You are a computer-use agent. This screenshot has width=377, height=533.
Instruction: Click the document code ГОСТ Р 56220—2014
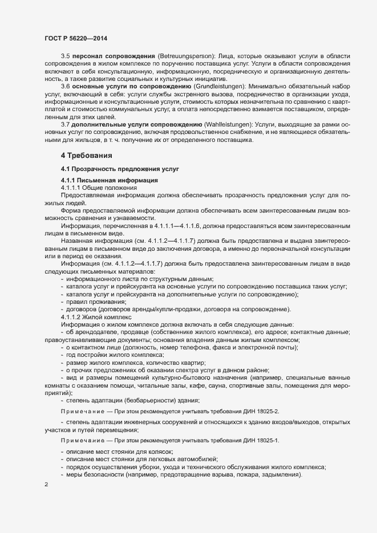76,38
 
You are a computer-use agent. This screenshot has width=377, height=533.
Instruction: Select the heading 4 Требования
87,155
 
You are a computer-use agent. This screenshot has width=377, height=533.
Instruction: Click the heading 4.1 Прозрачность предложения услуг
120,169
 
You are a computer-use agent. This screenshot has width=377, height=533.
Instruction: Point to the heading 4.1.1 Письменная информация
102,180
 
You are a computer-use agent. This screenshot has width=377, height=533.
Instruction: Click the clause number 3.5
66,58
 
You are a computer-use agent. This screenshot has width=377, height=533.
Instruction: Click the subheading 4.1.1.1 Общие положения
97,188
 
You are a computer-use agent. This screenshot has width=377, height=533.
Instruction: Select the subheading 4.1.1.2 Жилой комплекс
96,316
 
